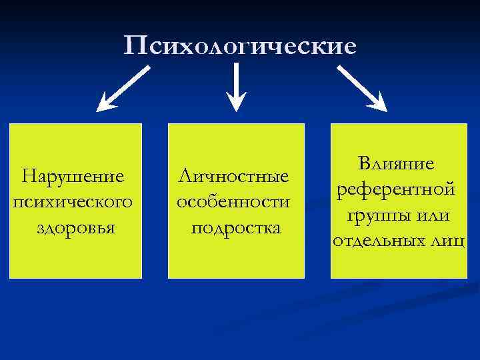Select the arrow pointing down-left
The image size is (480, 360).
tap(123, 87)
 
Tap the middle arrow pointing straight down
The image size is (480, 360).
tap(237, 87)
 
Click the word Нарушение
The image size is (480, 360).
tap(73, 177)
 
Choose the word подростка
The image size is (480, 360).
tap(236, 227)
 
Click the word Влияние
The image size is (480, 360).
tap(397, 163)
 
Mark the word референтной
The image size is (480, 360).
tap(397, 189)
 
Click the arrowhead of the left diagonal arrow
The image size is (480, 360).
tap(105, 102)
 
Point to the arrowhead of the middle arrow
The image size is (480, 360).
tap(237, 102)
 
